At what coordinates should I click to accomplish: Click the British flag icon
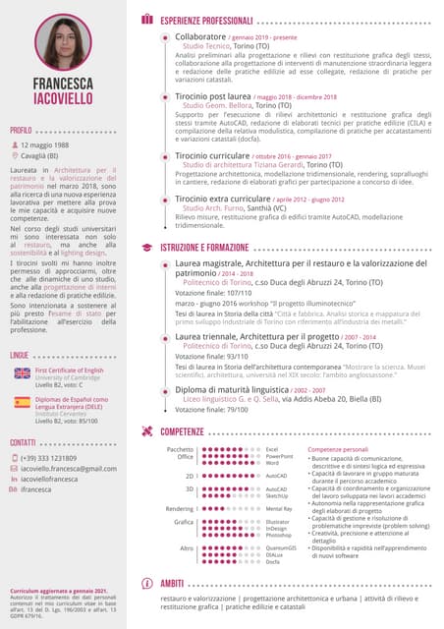coord(23,373)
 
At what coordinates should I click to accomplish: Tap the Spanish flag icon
coord(23,402)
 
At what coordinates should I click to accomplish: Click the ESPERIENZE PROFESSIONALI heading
coord(206,20)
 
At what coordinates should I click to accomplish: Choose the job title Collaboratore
coord(200,36)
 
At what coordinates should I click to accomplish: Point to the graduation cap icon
coord(147,247)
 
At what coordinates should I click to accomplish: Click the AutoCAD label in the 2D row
coord(276,475)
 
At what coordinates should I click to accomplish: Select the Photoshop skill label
coord(280,535)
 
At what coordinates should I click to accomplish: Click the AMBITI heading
coord(172,584)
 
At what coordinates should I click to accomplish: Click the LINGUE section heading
coord(20,353)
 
